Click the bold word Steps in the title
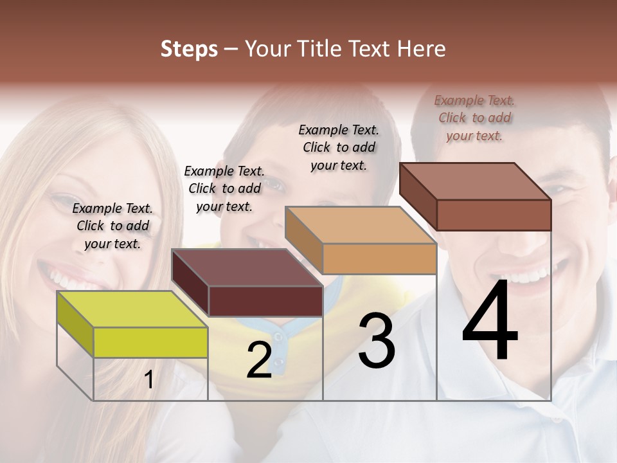(x=189, y=49)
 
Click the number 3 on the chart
(x=376, y=341)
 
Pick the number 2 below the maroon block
(x=259, y=360)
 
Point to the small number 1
(x=149, y=380)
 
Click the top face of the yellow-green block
(x=132, y=309)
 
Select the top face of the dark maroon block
(x=247, y=267)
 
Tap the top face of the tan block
(x=360, y=225)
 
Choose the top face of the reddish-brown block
(x=475, y=181)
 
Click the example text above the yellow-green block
(x=112, y=226)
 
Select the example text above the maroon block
(x=224, y=188)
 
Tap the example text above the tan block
(x=339, y=147)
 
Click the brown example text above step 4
(x=474, y=118)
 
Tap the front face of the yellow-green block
(x=150, y=342)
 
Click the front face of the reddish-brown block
(x=494, y=215)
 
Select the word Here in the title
(x=422, y=49)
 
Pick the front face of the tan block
(x=379, y=259)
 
